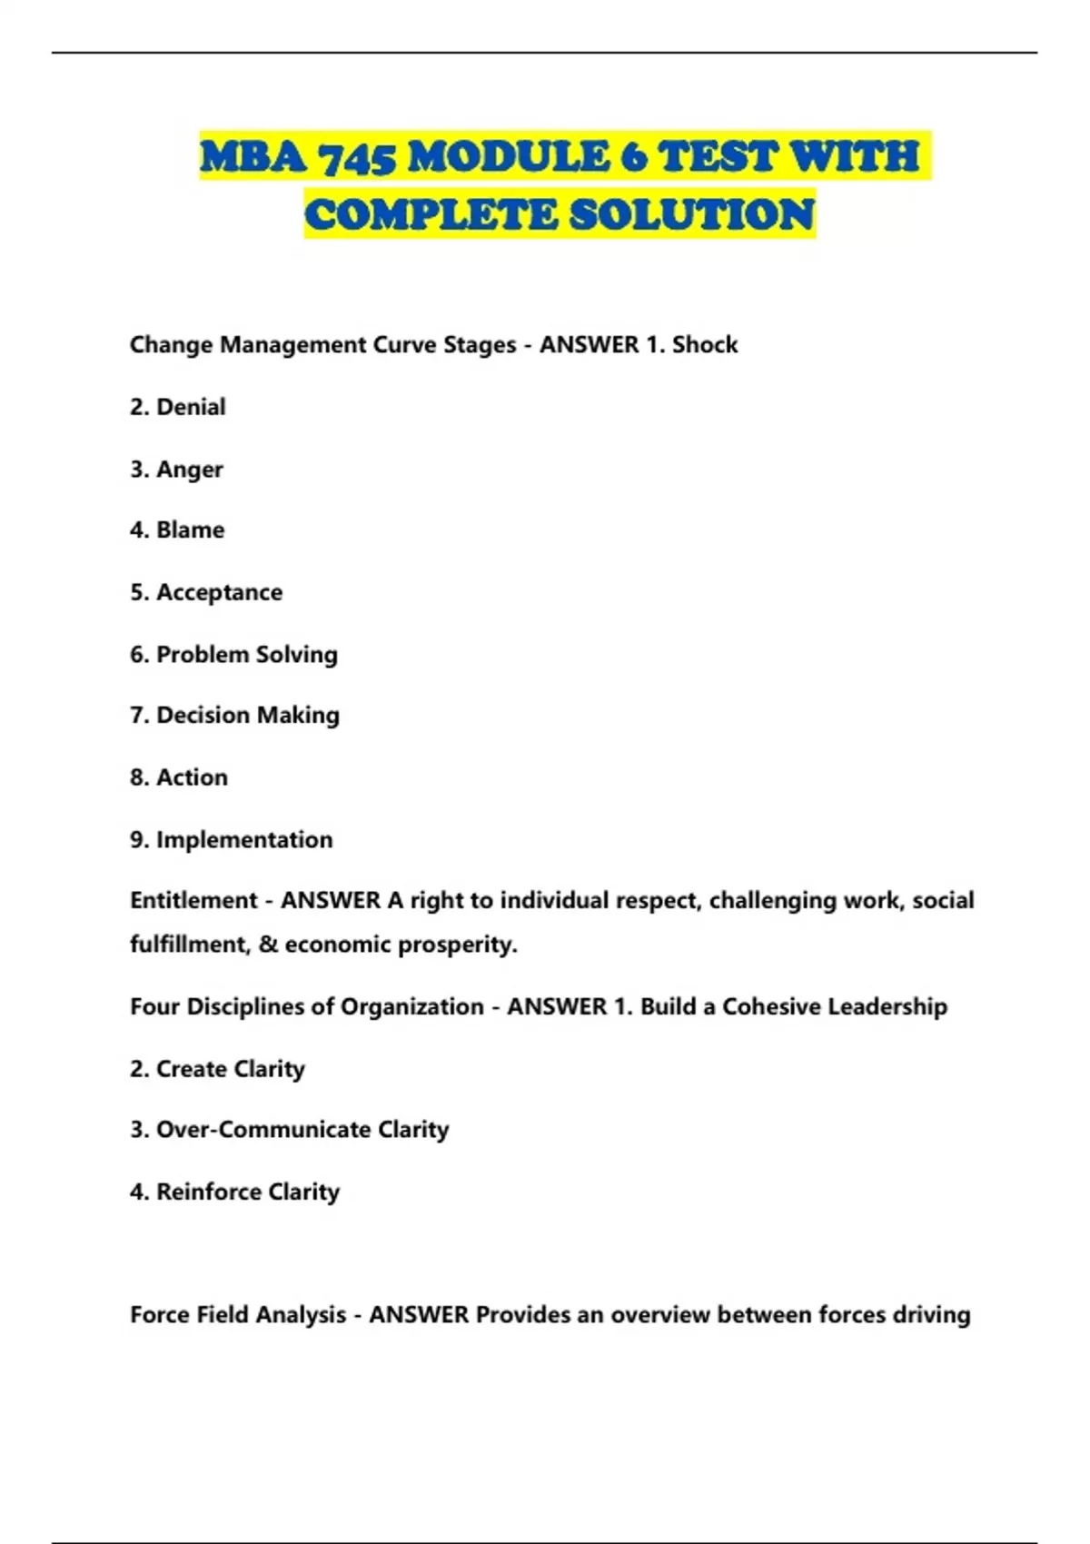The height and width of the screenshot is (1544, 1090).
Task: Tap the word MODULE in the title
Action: (x=509, y=156)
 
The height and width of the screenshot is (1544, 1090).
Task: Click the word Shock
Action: (x=705, y=345)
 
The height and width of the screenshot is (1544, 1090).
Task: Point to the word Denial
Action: (x=191, y=407)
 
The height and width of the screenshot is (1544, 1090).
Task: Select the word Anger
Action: (x=189, y=470)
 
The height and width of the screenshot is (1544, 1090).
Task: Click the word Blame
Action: (x=190, y=530)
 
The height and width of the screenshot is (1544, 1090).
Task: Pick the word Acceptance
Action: (x=219, y=592)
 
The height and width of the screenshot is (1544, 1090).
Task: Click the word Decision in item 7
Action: (x=202, y=716)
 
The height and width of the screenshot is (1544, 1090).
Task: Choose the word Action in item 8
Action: (x=192, y=777)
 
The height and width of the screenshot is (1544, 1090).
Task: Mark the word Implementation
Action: (x=244, y=839)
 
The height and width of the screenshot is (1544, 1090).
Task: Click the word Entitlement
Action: (x=193, y=901)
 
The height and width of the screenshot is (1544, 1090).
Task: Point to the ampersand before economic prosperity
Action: (x=268, y=945)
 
